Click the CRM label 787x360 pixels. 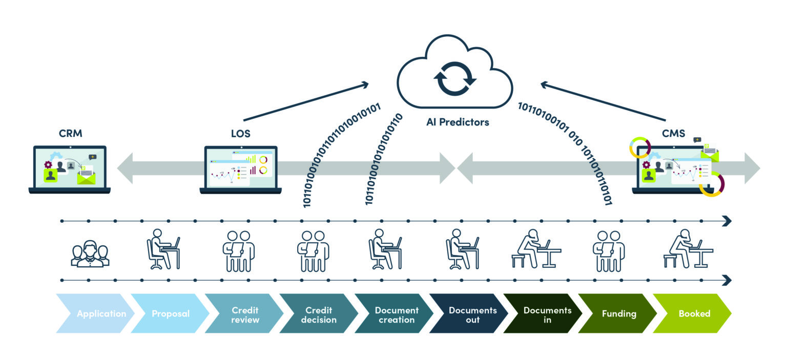tap(71, 134)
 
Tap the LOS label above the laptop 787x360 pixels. tap(241, 134)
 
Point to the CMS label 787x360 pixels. tap(674, 134)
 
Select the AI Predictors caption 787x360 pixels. tap(458, 122)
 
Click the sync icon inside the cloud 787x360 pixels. tap(455, 79)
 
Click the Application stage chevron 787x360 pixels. tap(95, 313)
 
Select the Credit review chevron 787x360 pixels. tap(244, 313)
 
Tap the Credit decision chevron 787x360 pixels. tap(319, 313)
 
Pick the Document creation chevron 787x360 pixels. tap(394, 313)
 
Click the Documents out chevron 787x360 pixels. tap(469, 313)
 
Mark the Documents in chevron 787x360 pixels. tap(543, 313)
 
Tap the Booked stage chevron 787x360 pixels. tap(692, 313)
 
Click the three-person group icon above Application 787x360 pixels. tap(90, 253)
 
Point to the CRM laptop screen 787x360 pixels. tap(70, 167)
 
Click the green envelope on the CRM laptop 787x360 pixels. tap(87, 177)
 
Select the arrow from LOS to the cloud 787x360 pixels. tap(306, 102)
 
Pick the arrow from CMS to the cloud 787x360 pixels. tap(603, 101)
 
